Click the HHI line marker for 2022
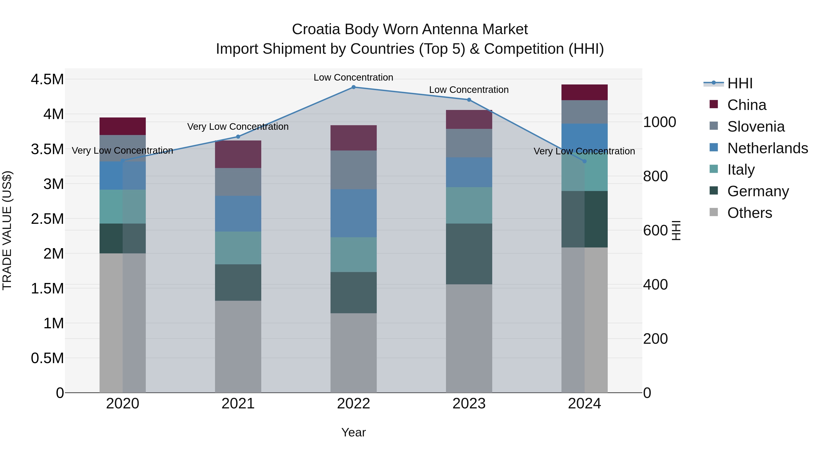[x=353, y=87]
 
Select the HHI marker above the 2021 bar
[x=238, y=137]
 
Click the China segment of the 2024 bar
[x=584, y=93]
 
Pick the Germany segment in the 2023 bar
[x=469, y=254]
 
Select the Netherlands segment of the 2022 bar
[x=353, y=213]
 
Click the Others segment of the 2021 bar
[x=238, y=346]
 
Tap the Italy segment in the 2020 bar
[x=123, y=206]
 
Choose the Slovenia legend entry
[x=756, y=127]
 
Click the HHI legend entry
[x=740, y=83]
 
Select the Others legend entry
[x=749, y=213]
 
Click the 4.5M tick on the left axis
[x=47, y=79]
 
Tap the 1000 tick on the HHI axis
[x=660, y=122]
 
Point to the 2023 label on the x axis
[x=469, y=404]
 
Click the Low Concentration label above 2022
[x=353, y=78]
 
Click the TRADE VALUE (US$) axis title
[x=7, y=230]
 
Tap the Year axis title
[x=353, y=432]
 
